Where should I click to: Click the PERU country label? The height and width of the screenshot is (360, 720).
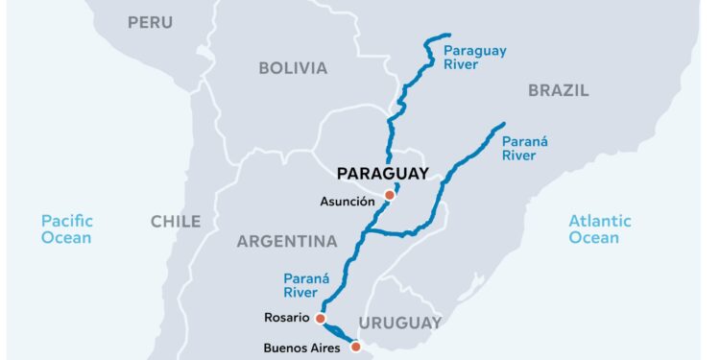151,22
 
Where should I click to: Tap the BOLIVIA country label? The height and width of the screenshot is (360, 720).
293,68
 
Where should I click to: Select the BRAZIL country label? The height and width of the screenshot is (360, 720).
558,91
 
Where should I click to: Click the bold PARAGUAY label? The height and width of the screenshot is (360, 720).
382,174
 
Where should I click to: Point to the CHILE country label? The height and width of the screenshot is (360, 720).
176,222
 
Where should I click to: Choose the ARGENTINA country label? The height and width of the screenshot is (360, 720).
287,242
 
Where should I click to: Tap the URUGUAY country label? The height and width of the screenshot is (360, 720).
399,323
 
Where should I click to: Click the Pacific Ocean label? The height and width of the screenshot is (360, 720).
66,229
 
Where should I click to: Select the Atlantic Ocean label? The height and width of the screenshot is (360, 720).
600,229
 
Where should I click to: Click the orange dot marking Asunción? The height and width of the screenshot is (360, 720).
389,196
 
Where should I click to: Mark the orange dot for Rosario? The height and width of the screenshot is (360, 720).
320,318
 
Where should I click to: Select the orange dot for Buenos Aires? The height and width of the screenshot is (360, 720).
355,348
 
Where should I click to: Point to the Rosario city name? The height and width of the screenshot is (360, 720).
285,318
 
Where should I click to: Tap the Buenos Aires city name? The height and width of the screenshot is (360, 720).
301,348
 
